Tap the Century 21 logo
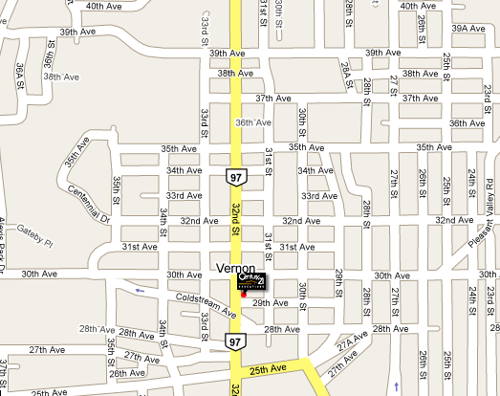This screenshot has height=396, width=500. point(252,283)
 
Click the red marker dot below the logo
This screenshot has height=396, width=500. point(244,295)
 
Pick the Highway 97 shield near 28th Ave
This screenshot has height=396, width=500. point(235,341)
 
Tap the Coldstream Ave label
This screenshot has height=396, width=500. point(207,303)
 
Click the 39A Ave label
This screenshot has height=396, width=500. point(474,29)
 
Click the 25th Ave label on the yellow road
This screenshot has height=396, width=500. point(270,369)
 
